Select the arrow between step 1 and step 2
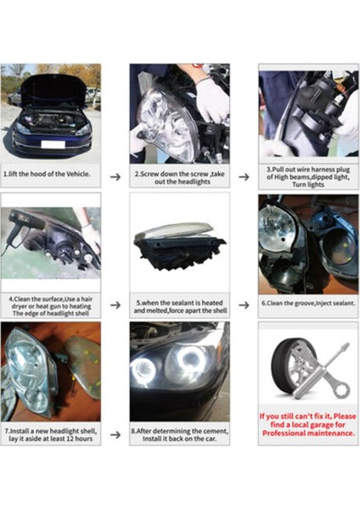pos(115,176)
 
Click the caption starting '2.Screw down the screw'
pos(180,176)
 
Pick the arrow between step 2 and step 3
pos(243,176)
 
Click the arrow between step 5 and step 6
pos(243,304)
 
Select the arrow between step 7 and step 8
pos(115,433)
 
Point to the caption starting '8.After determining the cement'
pos(180,433)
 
